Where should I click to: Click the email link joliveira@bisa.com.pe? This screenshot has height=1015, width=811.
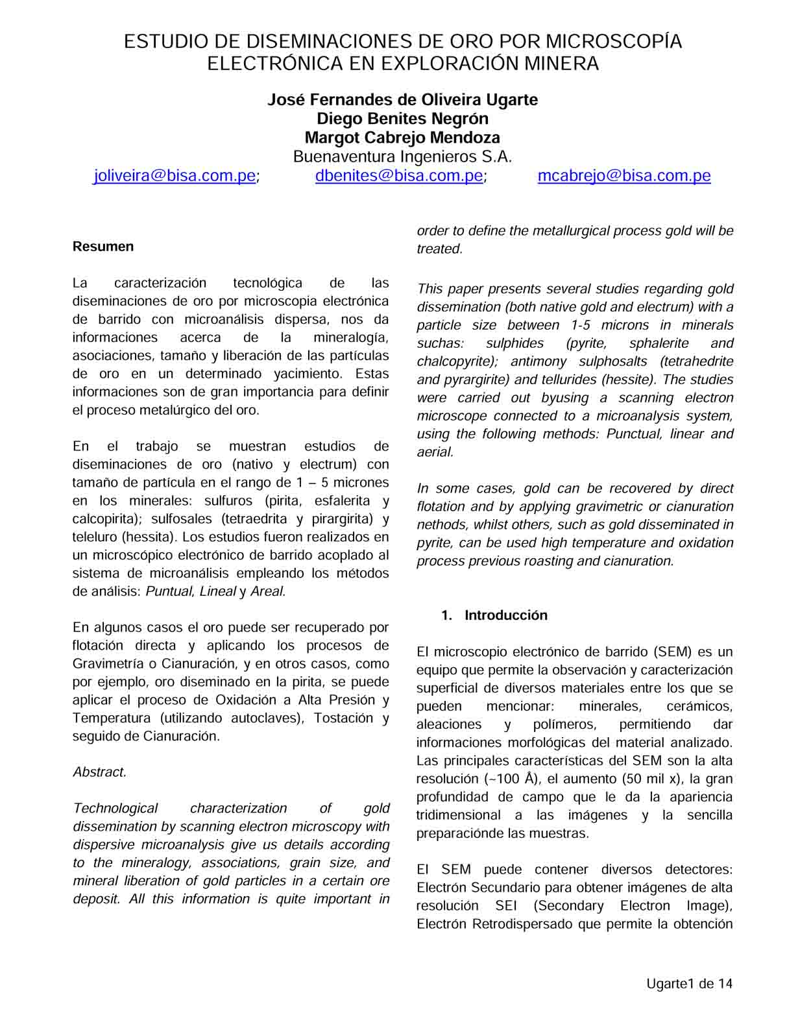(x=175, y=176)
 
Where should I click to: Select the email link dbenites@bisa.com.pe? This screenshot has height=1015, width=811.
(x=399, y=176)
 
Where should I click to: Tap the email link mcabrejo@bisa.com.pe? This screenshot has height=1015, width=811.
(x=624, y=176)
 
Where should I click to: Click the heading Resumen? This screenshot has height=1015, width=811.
(x=103, y=247)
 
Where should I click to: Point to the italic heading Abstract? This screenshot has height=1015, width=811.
(x=99, y=772)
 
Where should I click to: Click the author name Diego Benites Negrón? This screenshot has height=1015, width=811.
(x=402, y=119)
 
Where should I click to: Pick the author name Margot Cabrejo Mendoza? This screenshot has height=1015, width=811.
(x=402, y=138)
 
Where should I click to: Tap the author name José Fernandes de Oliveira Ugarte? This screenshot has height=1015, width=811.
(x=402, y=100)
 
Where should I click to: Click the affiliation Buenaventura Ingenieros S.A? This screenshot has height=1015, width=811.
(x=402, y=157)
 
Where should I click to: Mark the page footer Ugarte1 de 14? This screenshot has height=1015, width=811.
(x=689, y=984)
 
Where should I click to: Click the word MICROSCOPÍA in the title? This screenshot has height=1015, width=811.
(x=613, y=42)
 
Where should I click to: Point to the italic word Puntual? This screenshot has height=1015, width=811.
(x=169, y=592)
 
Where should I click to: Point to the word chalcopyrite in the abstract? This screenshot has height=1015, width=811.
(x=457, y=361)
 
